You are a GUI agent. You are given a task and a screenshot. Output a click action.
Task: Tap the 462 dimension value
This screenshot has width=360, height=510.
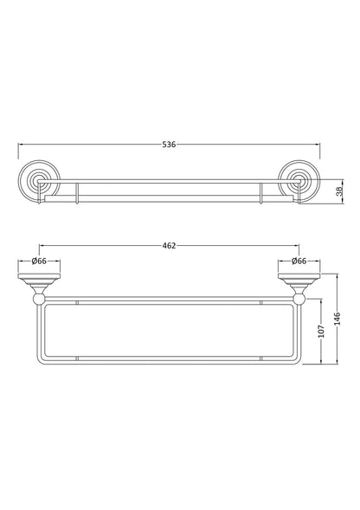click(x=170, y=246)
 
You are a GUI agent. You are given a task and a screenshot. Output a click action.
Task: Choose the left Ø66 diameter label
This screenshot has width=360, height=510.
click(x=39, y=261)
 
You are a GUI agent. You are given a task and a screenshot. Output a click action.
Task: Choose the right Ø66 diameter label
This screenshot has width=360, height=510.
click(x=299, y=261)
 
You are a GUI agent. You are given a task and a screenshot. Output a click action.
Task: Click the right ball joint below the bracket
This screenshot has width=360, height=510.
click(x=299, y=300)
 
